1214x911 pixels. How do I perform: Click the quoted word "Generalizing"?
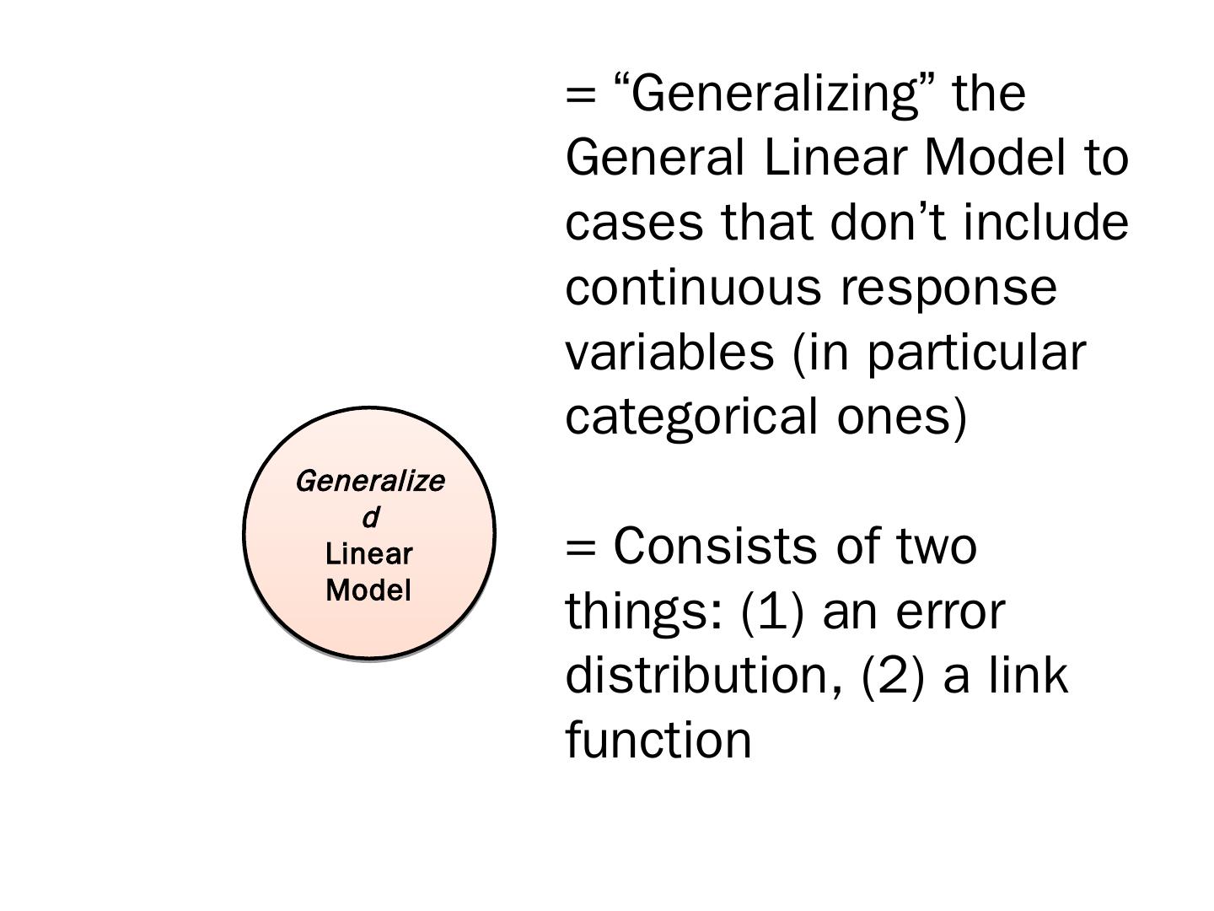point(773,93)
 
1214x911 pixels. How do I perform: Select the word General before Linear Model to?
point(655,158)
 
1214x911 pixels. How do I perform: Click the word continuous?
point(692,288)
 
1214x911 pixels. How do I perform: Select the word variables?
point(669,353)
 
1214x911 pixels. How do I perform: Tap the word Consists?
point(715,546)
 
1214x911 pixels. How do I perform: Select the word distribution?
point(703,676)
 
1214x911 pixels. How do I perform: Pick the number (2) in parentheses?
point(894,677)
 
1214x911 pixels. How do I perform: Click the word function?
point(658,740)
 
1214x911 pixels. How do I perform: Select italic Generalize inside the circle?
point(370,482)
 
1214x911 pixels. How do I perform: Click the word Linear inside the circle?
point(369,554)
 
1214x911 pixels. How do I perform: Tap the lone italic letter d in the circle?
point(370,517)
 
